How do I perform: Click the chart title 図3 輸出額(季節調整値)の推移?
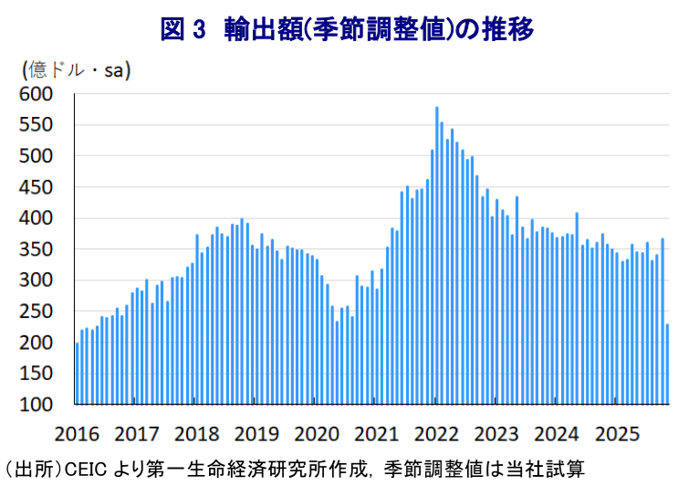(347, 29)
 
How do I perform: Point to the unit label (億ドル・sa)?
(77, 70)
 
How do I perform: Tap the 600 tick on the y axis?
(36, 93)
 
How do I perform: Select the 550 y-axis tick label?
(36, 125)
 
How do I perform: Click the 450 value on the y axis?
(36, 187)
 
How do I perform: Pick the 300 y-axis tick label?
(36, 280)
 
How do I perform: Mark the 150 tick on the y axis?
(36, 374)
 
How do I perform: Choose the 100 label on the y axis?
(36, 405)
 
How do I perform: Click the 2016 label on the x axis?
(77, 434)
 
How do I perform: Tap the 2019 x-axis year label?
(256, 434)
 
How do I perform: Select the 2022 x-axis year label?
(436, 434)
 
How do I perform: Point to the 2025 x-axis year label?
(617, 434)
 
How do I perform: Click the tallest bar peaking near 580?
(436, 255)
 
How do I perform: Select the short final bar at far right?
(667, 364)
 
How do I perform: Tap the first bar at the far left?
(78, 374)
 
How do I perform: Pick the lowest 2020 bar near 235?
(337, 363)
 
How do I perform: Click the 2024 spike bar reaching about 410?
(577, 309)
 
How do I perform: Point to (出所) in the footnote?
(33, 470)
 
